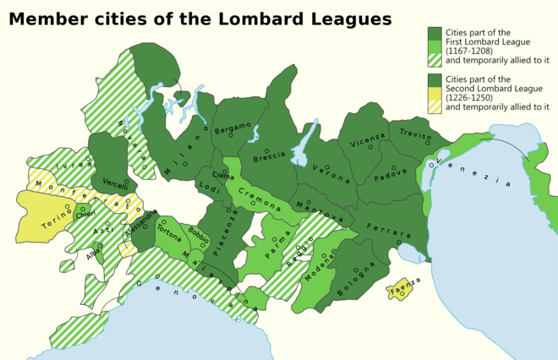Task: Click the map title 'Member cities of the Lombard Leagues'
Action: [200, 19]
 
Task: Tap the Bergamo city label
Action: [232, 129]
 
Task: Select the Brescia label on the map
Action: [269, 157]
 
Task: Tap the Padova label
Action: [391, 177]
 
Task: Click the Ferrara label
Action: [389, 231]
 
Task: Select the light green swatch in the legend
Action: [435, 46]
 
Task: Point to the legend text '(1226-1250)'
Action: [469, 97]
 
